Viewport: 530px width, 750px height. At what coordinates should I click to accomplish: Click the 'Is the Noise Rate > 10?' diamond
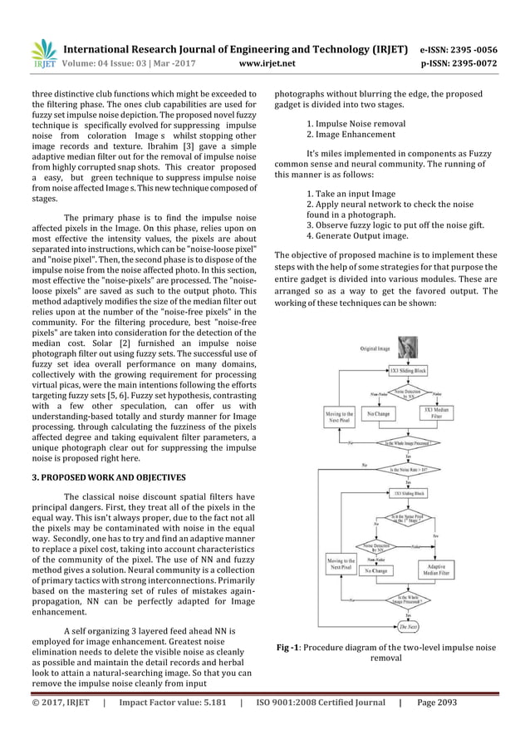coord(405,470)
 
